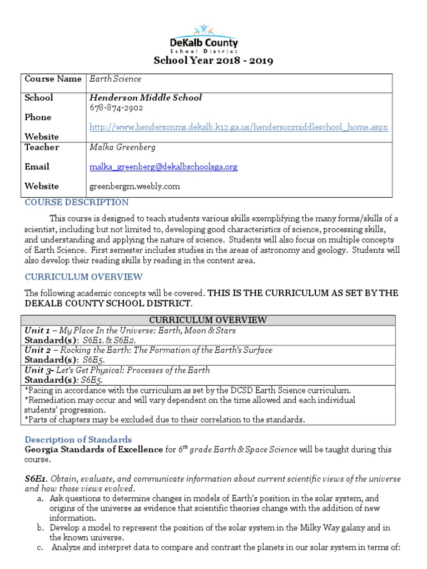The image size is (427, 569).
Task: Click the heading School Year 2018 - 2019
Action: (x=213, y=61)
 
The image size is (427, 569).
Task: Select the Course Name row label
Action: (x=53, y=79)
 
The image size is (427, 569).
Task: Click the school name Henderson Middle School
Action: (x=146, y=98)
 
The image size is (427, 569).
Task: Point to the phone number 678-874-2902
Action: (x=116, y=108)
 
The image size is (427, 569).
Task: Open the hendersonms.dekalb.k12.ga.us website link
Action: (x=239, y=127)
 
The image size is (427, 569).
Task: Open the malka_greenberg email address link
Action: (x=163, y=167)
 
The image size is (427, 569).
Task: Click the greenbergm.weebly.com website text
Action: (x=135, y=186)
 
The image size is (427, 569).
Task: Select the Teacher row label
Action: (x=41, y=147)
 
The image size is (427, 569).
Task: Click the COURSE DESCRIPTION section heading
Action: (x=77, y=202)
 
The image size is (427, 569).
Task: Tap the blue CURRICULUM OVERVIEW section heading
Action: (x=83, y=277)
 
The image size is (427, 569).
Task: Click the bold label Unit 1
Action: (x=37, y=330)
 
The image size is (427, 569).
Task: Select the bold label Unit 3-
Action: (x=38, y=370)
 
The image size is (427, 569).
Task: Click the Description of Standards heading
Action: (x=78, y=440)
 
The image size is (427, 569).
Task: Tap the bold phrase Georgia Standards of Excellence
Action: (x=93, y=450)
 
